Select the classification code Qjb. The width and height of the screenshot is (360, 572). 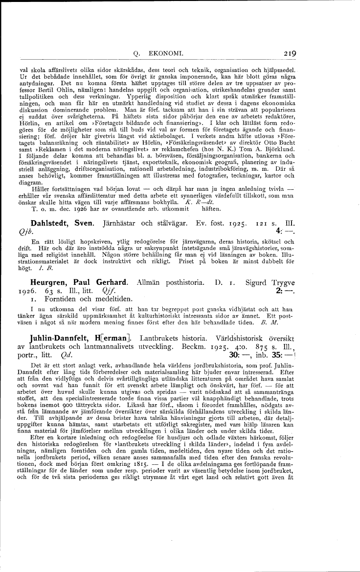[38, 235]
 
